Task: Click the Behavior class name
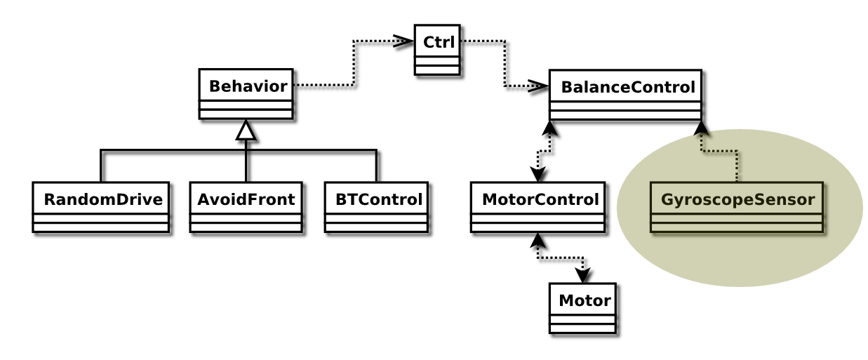[x=248, y=87]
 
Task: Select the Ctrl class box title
[x=438, y=42]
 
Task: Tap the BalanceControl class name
[x=627, y=88]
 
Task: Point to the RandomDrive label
[x=103, y=199]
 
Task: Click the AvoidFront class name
[x=246, y=199]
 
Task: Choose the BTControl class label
[x=378, y=199]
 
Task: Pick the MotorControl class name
[x=540, y=199]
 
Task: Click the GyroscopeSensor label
[x=737, y=199]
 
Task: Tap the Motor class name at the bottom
[x=584, y=301]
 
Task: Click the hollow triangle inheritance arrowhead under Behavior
[x=246, y=130]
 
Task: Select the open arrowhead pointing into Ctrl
[x=403, y=41]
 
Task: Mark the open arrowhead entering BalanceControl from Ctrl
[x=538, y=87]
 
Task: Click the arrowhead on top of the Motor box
[x=582, y=276]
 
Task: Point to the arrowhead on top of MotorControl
[x=538, y=175]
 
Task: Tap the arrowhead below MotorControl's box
[x=538, y=240]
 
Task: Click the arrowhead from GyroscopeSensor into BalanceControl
[x=701, y=128]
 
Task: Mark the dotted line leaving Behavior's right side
[x=323, y=86]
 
